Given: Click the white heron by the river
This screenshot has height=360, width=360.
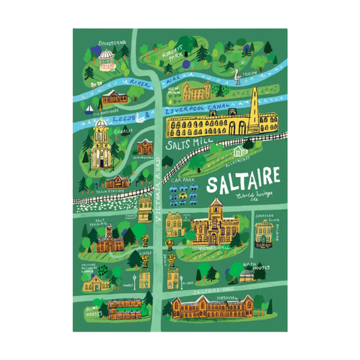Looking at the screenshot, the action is tap(236, 76).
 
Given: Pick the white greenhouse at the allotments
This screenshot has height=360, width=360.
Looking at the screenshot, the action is tap(248, 144).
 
